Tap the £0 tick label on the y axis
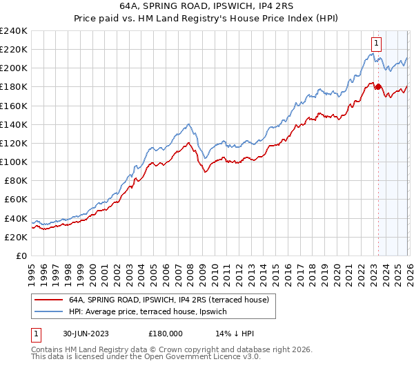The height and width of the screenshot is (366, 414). [21, 256]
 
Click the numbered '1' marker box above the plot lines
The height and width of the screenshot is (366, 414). [376, 43]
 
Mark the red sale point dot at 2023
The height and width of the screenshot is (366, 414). [378, 87]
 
